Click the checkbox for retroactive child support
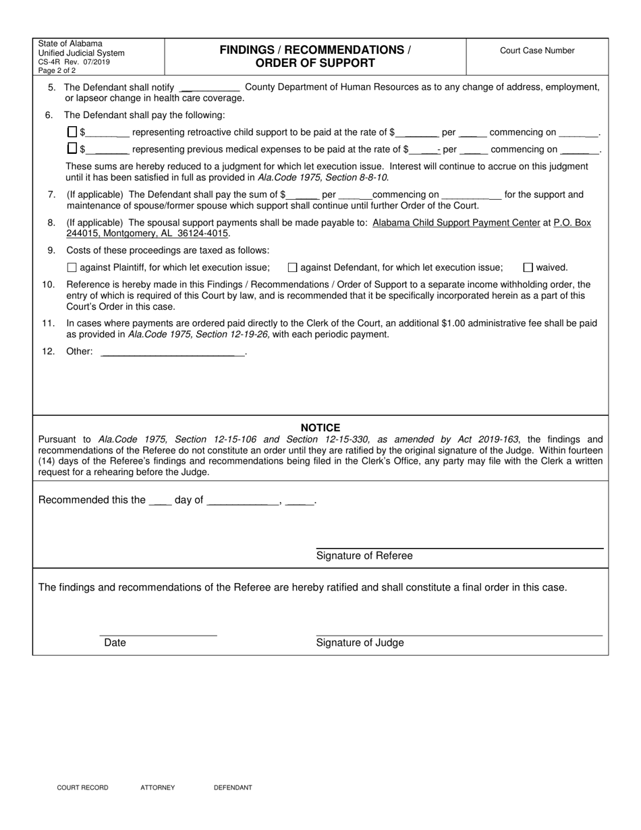coord(72,132)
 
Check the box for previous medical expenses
coord(72,149)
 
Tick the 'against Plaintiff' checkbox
coord(72,267)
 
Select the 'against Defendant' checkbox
coord(293,267)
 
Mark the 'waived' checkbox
coord(528,267)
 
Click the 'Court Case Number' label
coord(537,51)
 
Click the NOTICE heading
coord(320,428)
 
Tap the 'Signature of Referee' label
coord(364,556)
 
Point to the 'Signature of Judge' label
coord(360,642)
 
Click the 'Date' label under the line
coord(115,642)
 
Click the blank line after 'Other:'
coord(172,352)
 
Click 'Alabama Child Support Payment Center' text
coord(456,222)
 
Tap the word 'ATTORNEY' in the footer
coord(157,787)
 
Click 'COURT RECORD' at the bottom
coord(82,787)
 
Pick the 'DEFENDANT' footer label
coord(233,787)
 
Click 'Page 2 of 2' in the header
coord(57,70)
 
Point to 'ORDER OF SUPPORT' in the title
coord(315,63)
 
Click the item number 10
coord(49,285)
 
